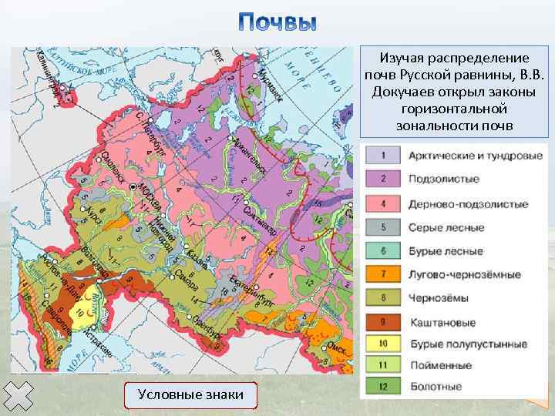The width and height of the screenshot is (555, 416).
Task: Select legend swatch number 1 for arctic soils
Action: click(x=383, y=156)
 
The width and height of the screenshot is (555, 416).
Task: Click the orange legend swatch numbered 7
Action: click(x=383, y=274)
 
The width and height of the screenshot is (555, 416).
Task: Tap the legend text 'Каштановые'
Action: click(x=442, y=323)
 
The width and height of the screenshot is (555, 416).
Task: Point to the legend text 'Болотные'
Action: click(x=436, y=386)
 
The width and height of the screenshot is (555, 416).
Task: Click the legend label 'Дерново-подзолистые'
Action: click(x=469, y=204)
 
